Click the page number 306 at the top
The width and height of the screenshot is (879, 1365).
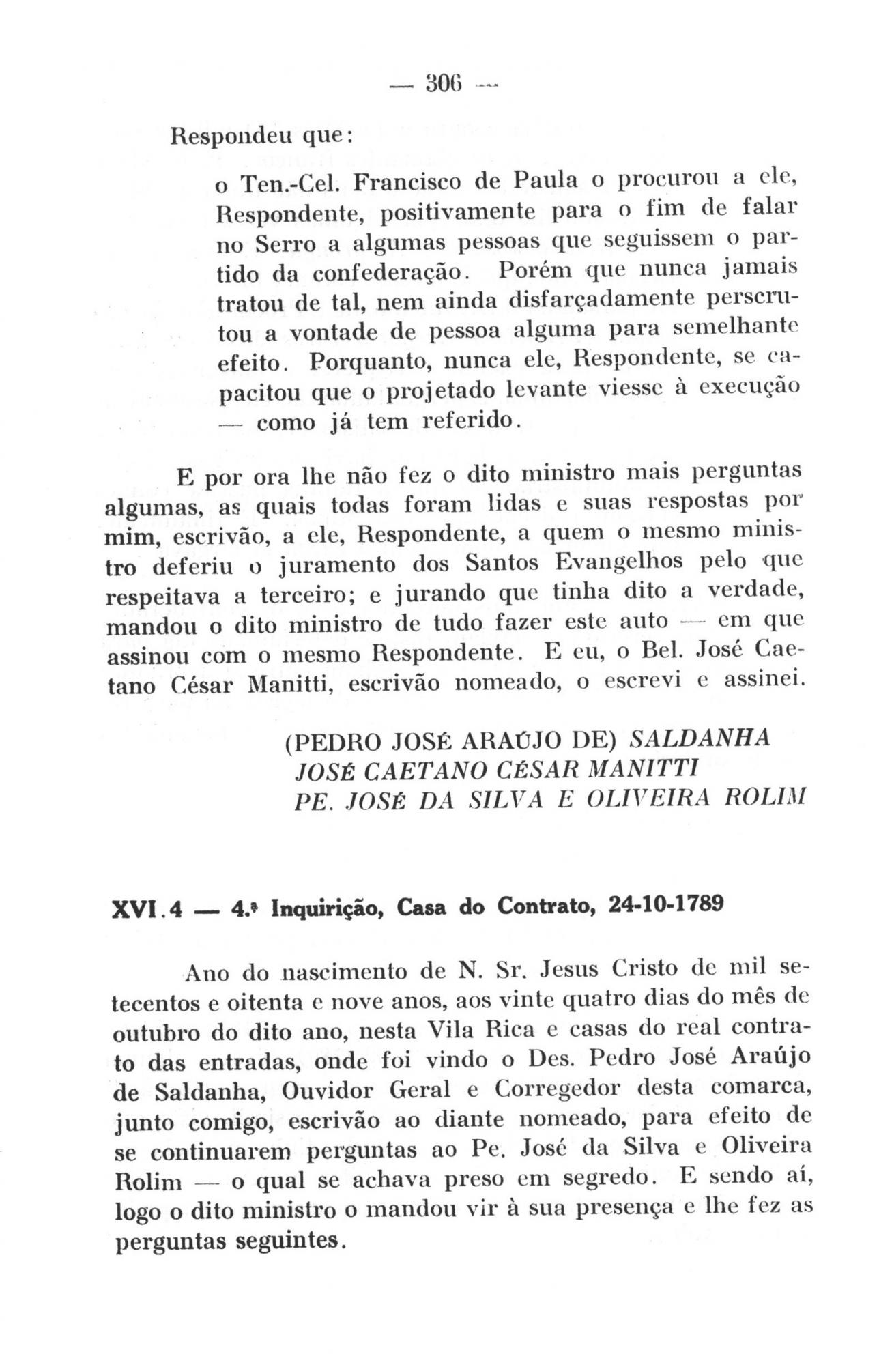pos(444,87)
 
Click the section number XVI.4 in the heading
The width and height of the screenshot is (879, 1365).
pos(145,910)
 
